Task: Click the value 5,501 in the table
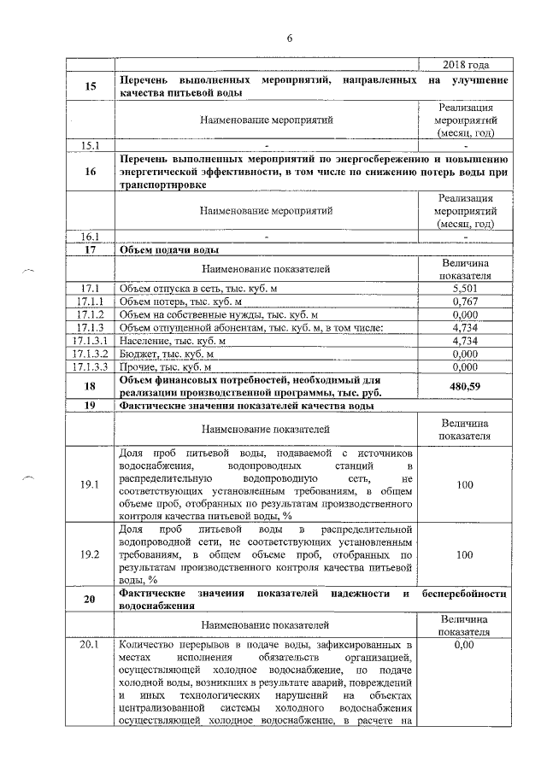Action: pyautogui.click(x=464, y=290)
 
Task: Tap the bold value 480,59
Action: pyautogui.click(x=464, y=385)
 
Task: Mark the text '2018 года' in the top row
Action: pyautogui.click(x=465, y=66)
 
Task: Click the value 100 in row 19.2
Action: pyautogui.click(x=464, y=554)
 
